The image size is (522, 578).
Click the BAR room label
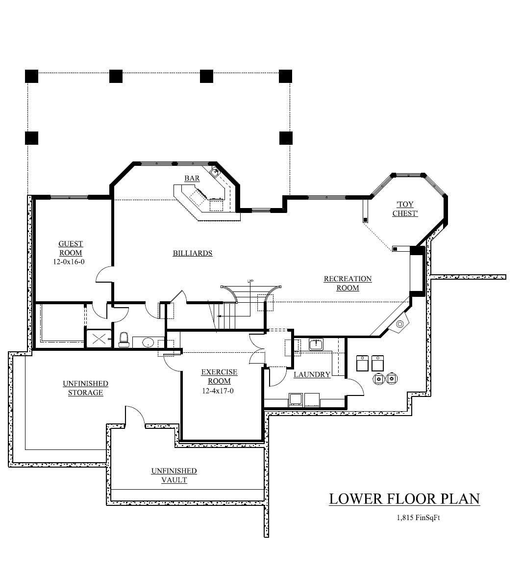tap(192, 178)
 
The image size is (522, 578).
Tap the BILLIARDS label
tap(192, 253)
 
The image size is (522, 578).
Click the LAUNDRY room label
tap(312, 374)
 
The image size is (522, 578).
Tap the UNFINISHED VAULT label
tap(174, 475)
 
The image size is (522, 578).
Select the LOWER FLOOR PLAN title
tap(404, 499)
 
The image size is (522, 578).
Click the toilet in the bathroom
tap(124, 339)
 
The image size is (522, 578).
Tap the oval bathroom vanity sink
tap(144, 342)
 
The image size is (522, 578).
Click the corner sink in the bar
tap(214, 172)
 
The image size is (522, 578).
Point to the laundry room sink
tap(316, 344)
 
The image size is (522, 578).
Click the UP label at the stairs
tap(250, 281)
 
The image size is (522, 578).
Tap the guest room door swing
tap(104, 275)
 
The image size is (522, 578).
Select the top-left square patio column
tap(31, 76)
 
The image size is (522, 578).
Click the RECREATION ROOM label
tap(347, 283)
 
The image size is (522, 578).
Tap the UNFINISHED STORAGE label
tap(85, 388)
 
